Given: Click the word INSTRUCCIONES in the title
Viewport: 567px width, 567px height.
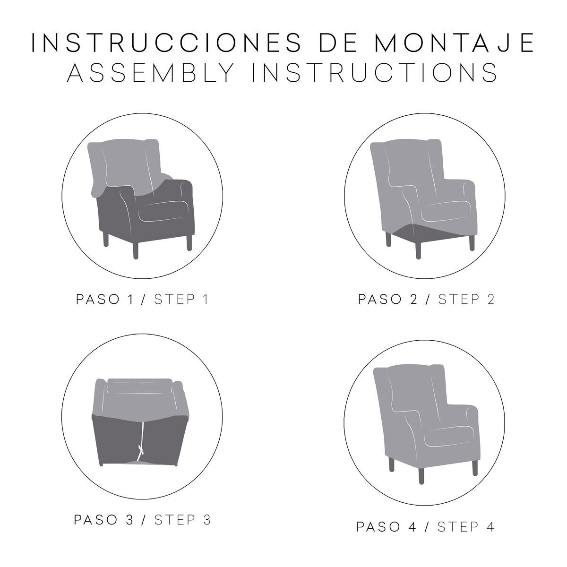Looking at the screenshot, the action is coord(166,43).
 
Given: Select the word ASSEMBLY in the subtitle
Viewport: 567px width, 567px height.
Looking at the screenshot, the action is coord(151,72).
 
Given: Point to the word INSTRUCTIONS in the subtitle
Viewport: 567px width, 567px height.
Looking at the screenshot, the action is coord(375,72).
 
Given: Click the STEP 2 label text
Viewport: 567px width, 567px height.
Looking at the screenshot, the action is coord(466,299).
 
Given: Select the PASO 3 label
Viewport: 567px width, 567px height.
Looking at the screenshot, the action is coord(104,520).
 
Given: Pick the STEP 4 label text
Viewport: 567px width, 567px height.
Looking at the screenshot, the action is coord(465,527).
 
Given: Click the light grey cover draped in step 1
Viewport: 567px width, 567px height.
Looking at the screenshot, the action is coord(127,165).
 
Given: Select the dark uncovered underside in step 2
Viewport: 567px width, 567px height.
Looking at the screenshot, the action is coord(430,233).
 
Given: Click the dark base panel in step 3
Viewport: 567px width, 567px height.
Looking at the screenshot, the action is coord(141,439).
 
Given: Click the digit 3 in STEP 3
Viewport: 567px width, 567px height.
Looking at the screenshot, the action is coord(207,520).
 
